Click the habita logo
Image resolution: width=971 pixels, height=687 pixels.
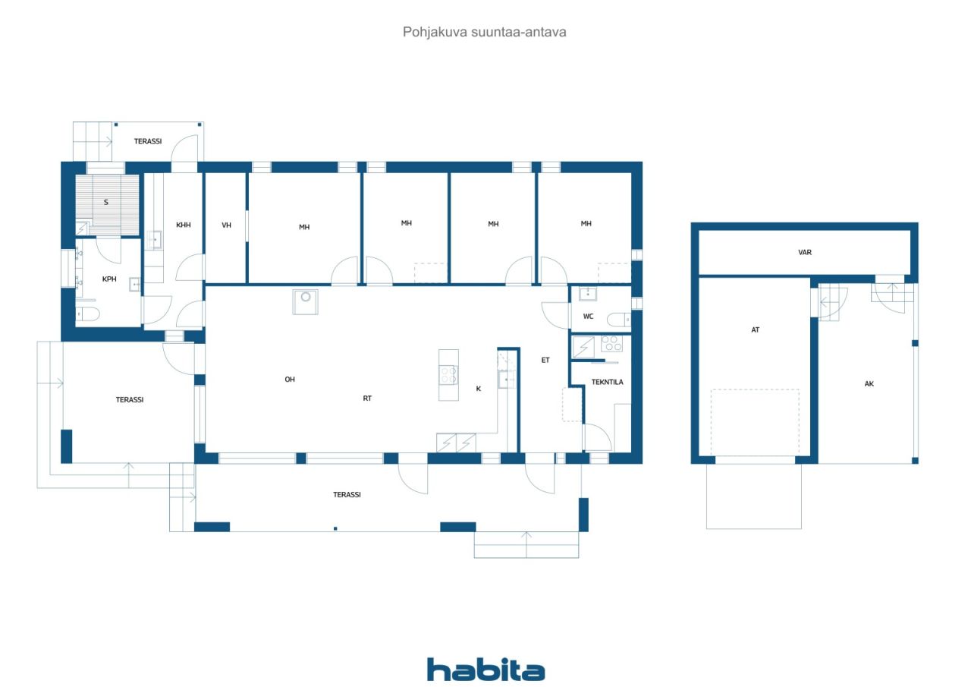pyautogui.click(x=485, y=670)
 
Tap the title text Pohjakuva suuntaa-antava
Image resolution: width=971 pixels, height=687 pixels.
pyautogui.click(x=485, y=32)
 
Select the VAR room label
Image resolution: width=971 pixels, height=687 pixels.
pyautogui.click(x=805, y=252)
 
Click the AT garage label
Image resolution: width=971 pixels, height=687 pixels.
pyautogui.click(x=755, y=330)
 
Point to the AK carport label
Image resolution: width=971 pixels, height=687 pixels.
pyautogui.click(x=869, y=384)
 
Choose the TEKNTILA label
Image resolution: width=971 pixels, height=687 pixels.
pyautogui.click(x=607, y=382)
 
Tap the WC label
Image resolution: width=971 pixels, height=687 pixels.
pyautogui.click(x=588, y=316)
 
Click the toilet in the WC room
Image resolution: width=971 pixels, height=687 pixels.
pyautogui.click(x=621, y=320)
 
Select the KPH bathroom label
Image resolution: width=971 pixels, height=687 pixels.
pyautogui.click(x=109, y=279)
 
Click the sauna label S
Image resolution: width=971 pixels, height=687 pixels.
pyautogui.click(x=106, y=202)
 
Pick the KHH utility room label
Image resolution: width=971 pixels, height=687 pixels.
pyautogui.click(x=184, y=225)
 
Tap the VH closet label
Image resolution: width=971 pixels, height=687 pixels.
pyautogui.click(x=226, y=225)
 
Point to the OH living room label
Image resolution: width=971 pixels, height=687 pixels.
pyautogui.click(x=290, y=380)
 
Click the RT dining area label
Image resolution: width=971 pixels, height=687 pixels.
pyautogui.click(x=367, y=399)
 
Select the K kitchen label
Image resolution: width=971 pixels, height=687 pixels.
pyautogui.click(x=478, y=389)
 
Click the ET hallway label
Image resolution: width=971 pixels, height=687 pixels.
pyautogui.click(x=545, y=361)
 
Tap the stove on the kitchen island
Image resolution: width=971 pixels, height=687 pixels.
pyautogui.click(x=448, y=373)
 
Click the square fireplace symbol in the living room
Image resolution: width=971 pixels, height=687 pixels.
pyautogui.click(x=306, y=301)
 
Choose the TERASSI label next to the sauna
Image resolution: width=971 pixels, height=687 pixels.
pyautogui.click(x=148, y=141)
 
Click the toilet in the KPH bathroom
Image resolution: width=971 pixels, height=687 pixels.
pyautogui.click(x=87, y=314)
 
